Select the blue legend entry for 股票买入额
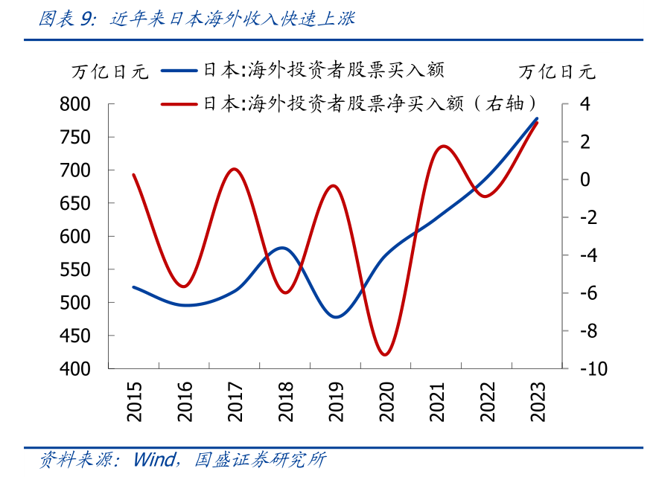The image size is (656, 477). click(305, 71)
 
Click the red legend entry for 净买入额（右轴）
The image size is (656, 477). click(350, 103)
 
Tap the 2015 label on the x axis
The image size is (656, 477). click(134, 402)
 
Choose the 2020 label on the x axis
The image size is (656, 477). click(386, 402)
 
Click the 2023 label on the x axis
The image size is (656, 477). click(538, 402)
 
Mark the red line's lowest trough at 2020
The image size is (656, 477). click(384, 354)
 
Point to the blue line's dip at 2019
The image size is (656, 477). click(335, 317)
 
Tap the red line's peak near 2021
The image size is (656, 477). click(442, 146)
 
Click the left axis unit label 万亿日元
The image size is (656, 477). click(109, 72)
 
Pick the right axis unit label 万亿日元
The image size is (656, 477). click(558, 72)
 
